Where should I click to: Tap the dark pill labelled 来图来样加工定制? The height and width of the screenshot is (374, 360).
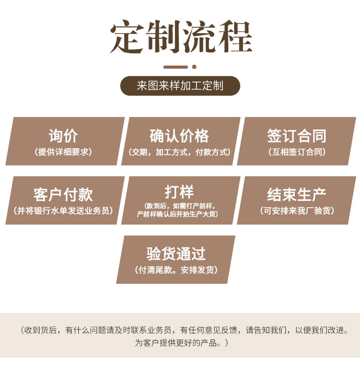[x=180, y=86]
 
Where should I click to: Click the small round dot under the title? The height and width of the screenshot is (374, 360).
[x=194, y=67]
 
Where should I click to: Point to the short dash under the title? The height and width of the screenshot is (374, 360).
[x=175, y=67]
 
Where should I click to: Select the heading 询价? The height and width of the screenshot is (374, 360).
[x=64, y=136]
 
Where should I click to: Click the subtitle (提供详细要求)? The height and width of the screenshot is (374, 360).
[x=64, y=152]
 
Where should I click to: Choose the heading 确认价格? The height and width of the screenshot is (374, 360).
[x=180, y=136]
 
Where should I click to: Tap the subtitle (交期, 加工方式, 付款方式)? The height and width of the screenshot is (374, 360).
[x=180, y=152]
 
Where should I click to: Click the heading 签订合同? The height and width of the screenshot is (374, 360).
[x=297, y=136]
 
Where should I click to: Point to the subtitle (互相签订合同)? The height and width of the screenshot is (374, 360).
[x=297, y=152]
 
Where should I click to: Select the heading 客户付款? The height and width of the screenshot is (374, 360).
[x=64, y=194]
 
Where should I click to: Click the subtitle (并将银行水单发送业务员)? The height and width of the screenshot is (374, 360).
[x=64, y=211]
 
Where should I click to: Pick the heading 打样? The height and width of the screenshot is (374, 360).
[x=180, y=192]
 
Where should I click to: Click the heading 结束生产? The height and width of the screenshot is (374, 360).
[x=297, y=194]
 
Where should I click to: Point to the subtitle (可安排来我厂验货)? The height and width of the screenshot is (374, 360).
[x=297, y=211]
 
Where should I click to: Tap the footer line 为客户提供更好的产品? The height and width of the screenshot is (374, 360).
[x=180, y=343]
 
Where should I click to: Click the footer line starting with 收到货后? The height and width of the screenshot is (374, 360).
[x=185, y=331]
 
